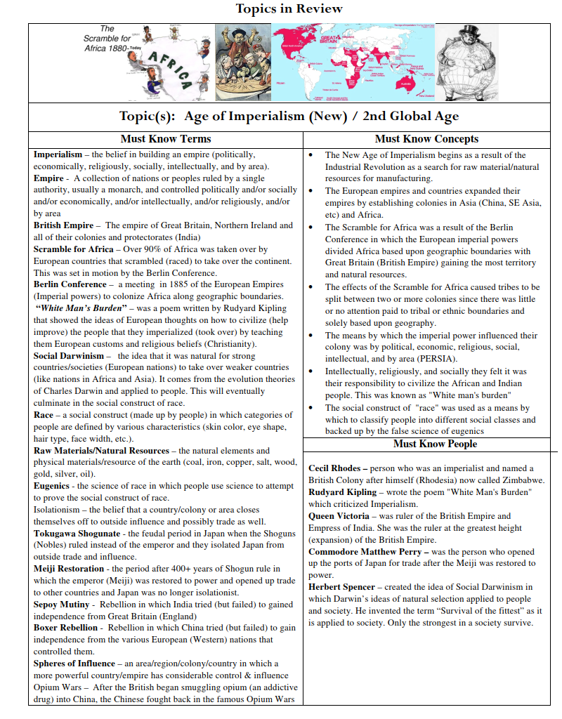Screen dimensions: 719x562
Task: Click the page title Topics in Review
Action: [x=289, y=9]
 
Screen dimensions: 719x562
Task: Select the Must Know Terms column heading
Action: [x=166, y=139]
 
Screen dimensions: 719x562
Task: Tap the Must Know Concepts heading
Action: [x=426, y=139]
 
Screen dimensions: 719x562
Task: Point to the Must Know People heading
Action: [x=435, y=444]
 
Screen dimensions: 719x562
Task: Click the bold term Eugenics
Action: [x=51, y=486]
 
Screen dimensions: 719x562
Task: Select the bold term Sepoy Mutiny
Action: [x=62, y=605]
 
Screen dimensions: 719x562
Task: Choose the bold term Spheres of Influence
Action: [x=74, y=664]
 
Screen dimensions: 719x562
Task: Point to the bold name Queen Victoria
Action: [x=339, y=516]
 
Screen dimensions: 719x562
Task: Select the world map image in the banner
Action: [x=353, y=62]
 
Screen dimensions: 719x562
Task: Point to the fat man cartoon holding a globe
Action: [x=467, y=62]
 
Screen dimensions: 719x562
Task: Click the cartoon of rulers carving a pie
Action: [x=242, y=62]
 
